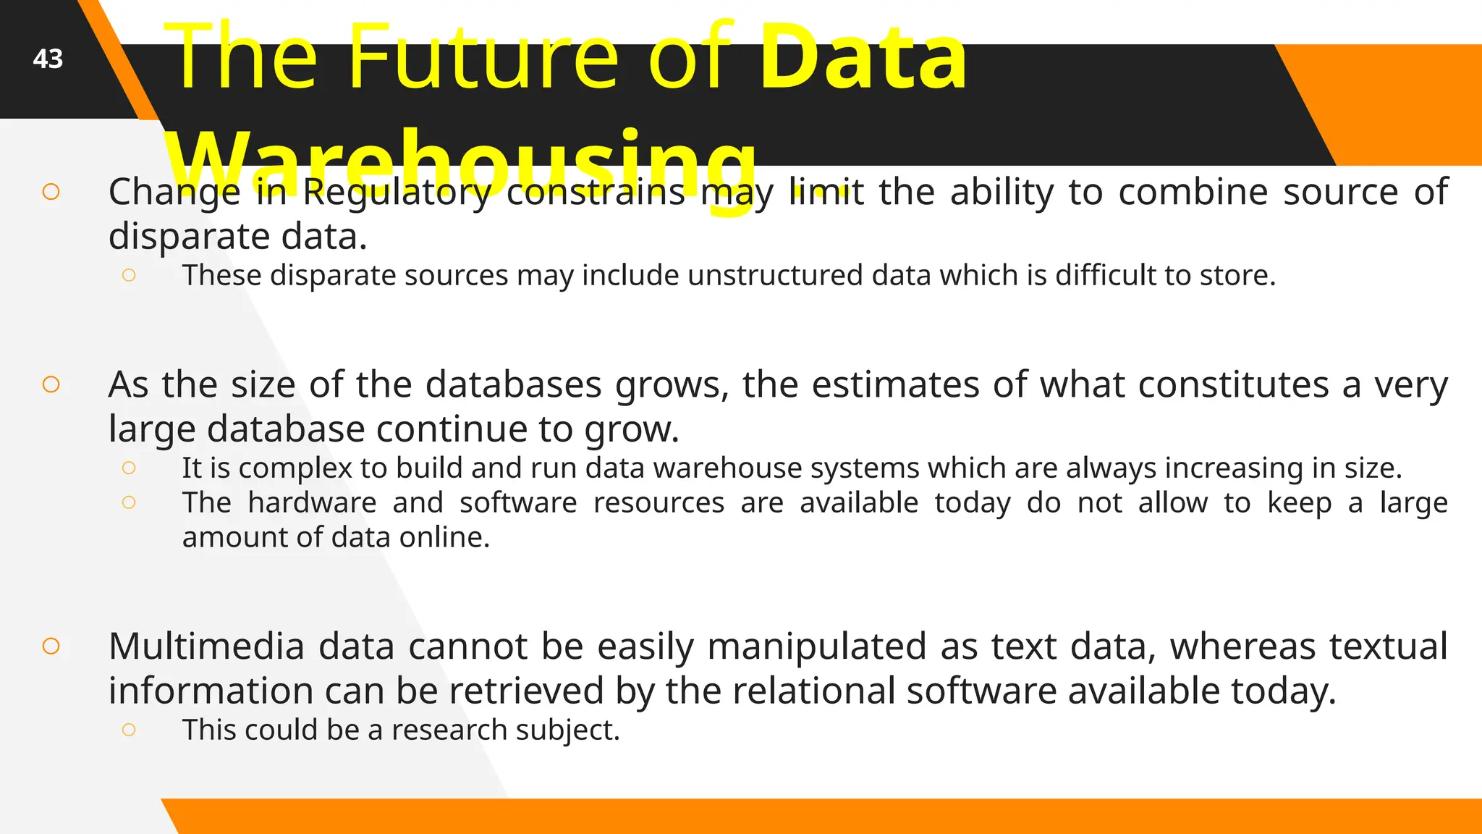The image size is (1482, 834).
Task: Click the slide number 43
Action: point(48,59)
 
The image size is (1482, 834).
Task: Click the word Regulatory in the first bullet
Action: point(397,193)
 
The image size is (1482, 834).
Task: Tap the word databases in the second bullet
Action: point(513,384)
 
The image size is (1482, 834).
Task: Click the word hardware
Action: point(312,502)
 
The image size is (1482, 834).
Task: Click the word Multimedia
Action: point(206,646)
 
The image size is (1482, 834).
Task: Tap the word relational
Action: point(813,691)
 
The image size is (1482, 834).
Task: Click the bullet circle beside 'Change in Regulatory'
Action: point(51,192)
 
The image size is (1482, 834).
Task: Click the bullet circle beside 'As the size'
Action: point(51,384)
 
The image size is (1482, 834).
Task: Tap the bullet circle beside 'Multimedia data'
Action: point(51,646)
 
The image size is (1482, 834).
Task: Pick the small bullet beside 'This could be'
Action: point(129,729)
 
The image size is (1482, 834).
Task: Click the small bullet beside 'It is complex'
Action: point(129,468)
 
